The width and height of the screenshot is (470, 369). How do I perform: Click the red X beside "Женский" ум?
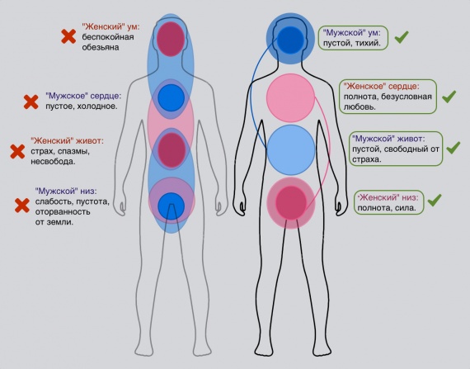(x=68, y=36)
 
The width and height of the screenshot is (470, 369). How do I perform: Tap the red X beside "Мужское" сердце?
(x=31, y=102)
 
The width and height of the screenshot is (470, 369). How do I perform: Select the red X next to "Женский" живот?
(x=17, y=152)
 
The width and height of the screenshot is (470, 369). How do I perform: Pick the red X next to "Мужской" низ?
(x=22, y=206)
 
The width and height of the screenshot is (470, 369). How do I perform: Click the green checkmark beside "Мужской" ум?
(x=402, y=36)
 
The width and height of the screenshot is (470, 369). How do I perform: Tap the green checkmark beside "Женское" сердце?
(x=449, y=97)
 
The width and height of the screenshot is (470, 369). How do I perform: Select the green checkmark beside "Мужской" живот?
(x=454, y=148)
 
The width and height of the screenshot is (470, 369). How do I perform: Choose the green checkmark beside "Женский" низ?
(x=435, y=200)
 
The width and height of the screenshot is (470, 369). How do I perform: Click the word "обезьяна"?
(x=101, y=47)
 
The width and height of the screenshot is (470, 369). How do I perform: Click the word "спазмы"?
(x=73, y=151)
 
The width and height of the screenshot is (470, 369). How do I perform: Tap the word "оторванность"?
(x=63, y=212)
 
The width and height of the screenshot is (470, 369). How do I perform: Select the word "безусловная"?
(x=407, y=97)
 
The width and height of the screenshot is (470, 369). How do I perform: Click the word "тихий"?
(x=368, y=43)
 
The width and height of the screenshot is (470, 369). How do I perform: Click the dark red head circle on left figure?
(x=171, y=39)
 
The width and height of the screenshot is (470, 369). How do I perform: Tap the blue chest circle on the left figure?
(x=172, y=97)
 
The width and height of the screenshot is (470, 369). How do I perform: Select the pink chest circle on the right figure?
(x=290, y=97)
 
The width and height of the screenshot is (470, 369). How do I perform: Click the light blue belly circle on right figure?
(x=291, y=149)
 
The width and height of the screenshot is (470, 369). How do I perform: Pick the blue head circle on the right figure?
(x=290, y=40)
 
